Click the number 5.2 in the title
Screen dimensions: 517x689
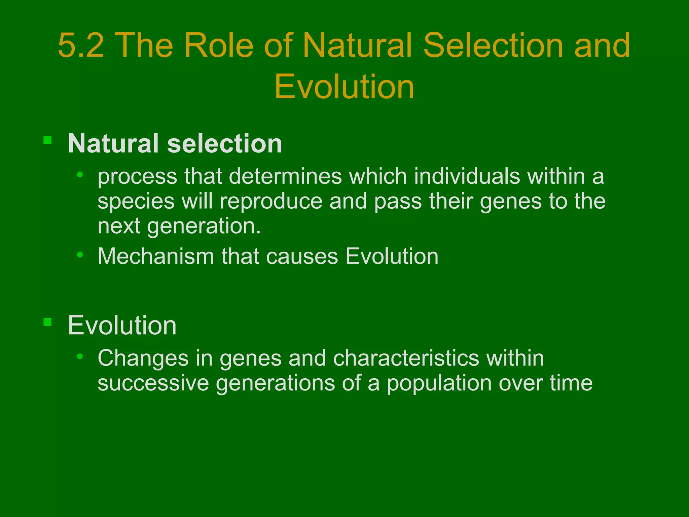tap(81, 45)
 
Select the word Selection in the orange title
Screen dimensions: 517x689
tap(493, 45)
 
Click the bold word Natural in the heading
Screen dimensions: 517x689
tap(113, 144)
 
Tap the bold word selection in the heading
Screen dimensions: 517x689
tap(224, 144)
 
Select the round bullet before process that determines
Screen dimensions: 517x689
tap(80, 174)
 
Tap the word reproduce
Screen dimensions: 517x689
tap(271, 201)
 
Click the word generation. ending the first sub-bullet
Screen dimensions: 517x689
tap(204, 226)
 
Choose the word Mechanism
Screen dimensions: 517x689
tap(156, 256)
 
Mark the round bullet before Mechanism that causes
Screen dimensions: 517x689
tap(80, 254)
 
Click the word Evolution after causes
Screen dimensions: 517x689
tap(392, 256)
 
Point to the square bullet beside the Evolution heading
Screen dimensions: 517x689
tap(47, 322)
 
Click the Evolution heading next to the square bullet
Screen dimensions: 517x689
tap(122, 325)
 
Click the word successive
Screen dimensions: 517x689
tap(153, 383)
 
